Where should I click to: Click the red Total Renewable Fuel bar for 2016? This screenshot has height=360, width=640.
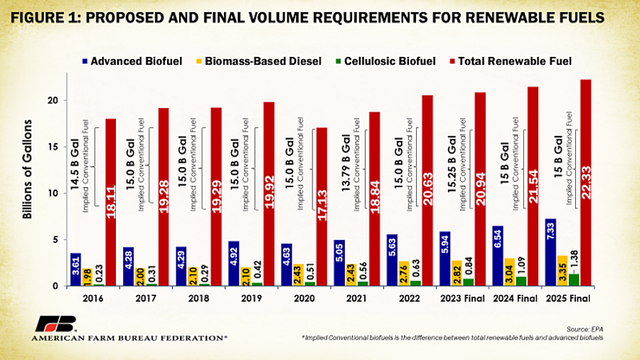[111, 202]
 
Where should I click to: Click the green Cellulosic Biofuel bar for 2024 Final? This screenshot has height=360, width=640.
[540, 282]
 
